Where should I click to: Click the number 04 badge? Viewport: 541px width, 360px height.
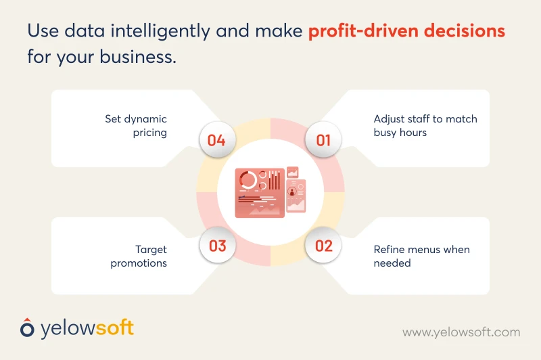(216, 141)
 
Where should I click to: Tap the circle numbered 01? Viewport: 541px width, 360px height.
(323, 141)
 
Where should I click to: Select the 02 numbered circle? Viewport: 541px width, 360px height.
(324, 245)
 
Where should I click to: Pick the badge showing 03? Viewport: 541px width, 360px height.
(217, 245)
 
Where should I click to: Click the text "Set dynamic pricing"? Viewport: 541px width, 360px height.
(136, 125)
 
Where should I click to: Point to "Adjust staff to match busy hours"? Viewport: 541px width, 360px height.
(425, 125)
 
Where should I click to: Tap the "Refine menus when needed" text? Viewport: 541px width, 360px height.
(421, 256)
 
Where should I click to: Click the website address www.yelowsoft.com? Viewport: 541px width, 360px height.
(461, 332)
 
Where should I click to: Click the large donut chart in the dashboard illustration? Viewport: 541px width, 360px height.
(248, 180)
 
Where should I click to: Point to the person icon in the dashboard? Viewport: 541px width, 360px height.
(293, 192)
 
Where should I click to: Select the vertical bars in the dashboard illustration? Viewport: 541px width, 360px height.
(274, 181)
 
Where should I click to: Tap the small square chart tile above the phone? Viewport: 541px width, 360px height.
(293, 172)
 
